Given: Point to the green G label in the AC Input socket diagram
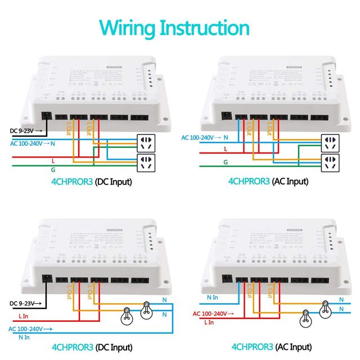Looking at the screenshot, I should pos(224,161).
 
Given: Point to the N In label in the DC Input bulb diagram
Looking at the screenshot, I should pos(24,337).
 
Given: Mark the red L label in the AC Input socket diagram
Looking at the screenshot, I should pos(225,149).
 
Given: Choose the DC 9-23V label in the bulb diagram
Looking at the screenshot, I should pos(21,303).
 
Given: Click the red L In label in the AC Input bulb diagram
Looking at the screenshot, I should pos(208,322).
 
